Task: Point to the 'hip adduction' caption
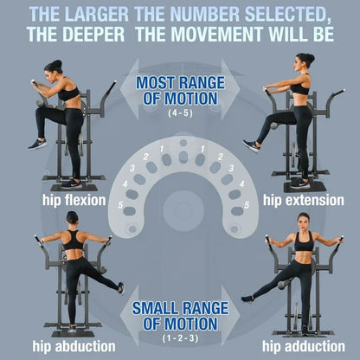(298, 345)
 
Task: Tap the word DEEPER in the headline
(145, 35)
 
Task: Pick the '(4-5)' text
(180, 113)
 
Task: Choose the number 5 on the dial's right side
(247, 204)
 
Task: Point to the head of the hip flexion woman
(54, 67)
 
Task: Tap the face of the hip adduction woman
(304, 220)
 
